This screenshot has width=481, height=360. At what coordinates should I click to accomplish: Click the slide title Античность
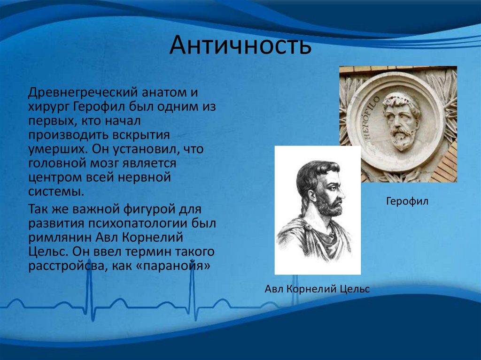click(x=240, y=45)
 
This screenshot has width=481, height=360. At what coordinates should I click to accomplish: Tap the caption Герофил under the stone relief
click(x=407, y=201)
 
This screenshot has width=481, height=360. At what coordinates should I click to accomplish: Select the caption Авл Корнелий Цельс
click(x=317, y=289)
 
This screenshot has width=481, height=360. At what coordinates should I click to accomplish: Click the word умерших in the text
click(x=57, y=150)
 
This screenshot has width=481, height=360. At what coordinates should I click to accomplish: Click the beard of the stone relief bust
click(x=403, y=139)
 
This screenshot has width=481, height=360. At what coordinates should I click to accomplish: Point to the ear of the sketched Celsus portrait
click(x=312, y=196)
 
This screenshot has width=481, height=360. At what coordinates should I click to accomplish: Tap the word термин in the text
click(x=148, y=252)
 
